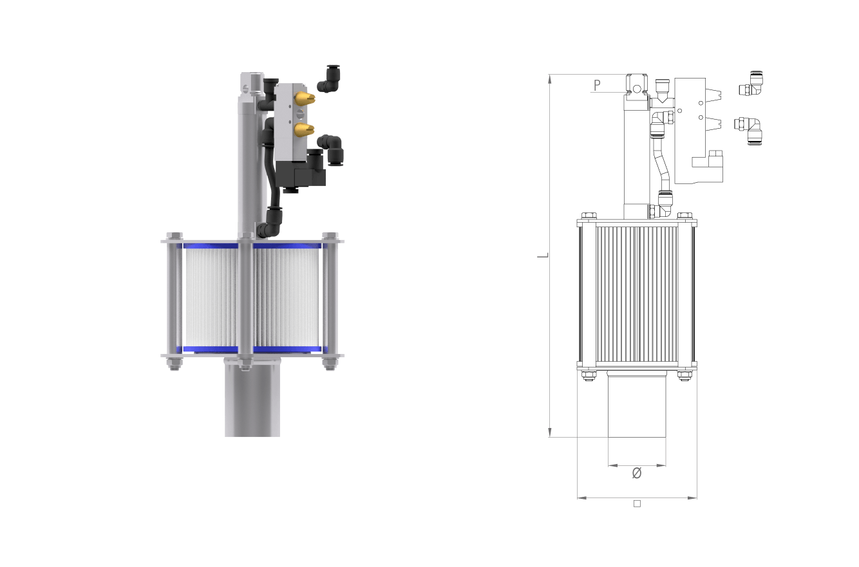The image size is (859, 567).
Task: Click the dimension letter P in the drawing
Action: (x=597, y=85)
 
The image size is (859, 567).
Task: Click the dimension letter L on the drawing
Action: (x=543, y=255)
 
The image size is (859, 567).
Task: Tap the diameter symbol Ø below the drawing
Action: (x=637, y=473)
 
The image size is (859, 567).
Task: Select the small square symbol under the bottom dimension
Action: (x=637, y=504)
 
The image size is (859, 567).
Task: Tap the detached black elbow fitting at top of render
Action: (x=329, y=79)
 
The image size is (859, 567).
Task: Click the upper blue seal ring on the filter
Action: (x=252, y=246)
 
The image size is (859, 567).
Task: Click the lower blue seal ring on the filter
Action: (x=252, y=349)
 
